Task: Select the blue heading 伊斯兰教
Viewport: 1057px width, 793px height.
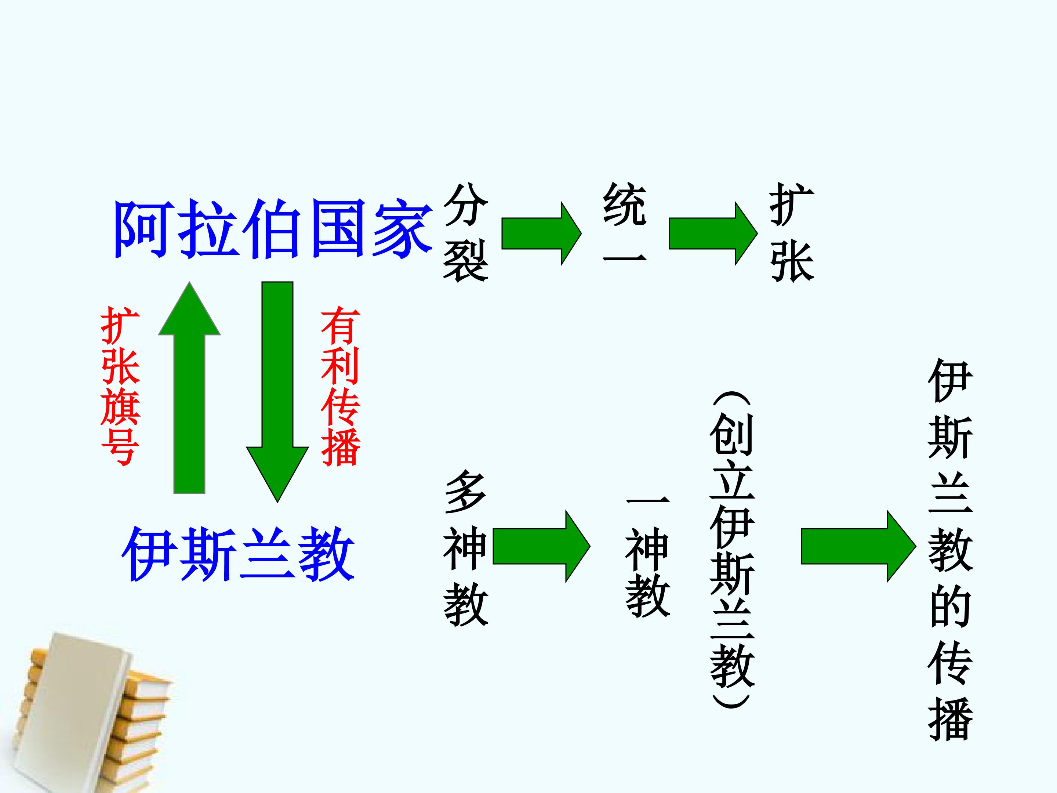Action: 238,554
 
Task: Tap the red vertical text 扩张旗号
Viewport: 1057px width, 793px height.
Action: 120,386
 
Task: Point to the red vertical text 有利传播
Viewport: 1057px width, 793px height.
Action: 340,386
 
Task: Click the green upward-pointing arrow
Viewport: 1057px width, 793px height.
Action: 189,388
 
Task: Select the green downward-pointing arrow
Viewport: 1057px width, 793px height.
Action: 277,392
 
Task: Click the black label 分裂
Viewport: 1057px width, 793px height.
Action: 465,232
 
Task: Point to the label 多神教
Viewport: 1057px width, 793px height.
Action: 465,548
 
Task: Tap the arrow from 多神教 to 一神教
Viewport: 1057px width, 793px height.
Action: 541,546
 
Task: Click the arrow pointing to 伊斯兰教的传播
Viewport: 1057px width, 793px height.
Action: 859,546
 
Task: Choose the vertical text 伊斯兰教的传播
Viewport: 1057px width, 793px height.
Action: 951,550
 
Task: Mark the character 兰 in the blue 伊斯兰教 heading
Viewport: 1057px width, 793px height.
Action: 267,554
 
